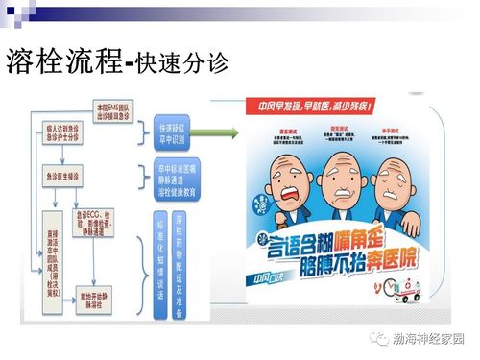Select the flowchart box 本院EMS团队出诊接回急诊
pyautogui.click(x=105, y=107)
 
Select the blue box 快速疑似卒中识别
pyautogui.click(x=178, y=131)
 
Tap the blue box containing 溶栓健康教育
pyautogui.click(x=178, y=180)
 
